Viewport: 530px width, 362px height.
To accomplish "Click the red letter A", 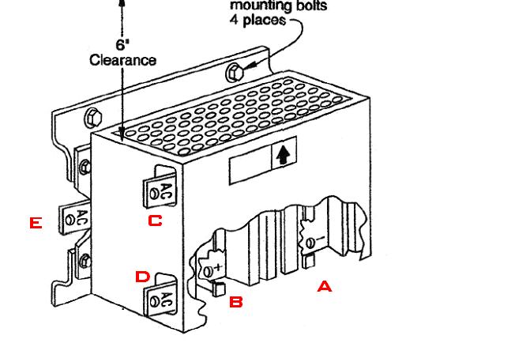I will coord(324,287).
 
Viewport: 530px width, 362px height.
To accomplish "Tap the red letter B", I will coord(235,301).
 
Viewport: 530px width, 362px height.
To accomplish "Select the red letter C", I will coord(155,221).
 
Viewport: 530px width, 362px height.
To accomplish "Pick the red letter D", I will coord(142,277).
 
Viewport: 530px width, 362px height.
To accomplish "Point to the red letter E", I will coord(35,224).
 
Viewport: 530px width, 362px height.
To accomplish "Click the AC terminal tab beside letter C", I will coord(164,190).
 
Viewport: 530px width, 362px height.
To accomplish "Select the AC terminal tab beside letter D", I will coord(164,299).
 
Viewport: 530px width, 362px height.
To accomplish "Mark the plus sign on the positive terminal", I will coord(218,267).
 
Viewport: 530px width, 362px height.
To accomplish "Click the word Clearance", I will coord(122,60).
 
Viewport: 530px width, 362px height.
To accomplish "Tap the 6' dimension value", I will coord(122,45).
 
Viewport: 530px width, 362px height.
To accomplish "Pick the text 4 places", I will coord(257,19).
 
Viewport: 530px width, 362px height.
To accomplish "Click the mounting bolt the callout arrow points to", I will coord(234,73).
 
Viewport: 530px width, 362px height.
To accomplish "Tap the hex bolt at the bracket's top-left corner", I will coord(91,118).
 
